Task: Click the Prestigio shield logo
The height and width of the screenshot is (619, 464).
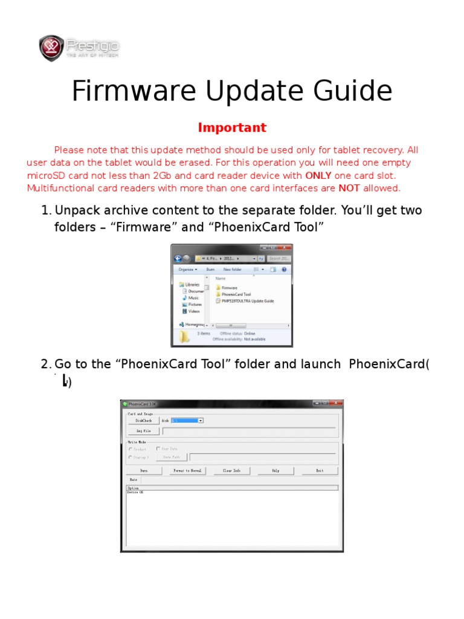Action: (x=51, y=48)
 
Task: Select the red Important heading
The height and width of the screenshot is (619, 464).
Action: (x=232, y=128)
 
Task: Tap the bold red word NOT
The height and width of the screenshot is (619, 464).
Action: (x=349, y=188)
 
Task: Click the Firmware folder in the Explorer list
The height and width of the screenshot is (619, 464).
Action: (x=229, y=288)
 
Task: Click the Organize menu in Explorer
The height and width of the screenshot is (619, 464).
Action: (x=187, y=270)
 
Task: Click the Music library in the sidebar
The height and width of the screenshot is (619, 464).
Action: (x=193, y=297)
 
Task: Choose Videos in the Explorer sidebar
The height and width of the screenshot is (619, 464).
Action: (x=194, y=311)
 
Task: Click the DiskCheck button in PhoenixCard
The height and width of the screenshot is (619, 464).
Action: (x=143, y=420)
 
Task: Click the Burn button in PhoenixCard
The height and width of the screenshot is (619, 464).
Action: (x=144, y=470)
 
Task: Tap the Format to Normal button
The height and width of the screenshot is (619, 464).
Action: (x=187, y=470)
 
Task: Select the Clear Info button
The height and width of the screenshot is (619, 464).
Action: (x=231, y=470)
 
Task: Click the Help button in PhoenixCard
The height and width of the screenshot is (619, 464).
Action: (x=275, y=470)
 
